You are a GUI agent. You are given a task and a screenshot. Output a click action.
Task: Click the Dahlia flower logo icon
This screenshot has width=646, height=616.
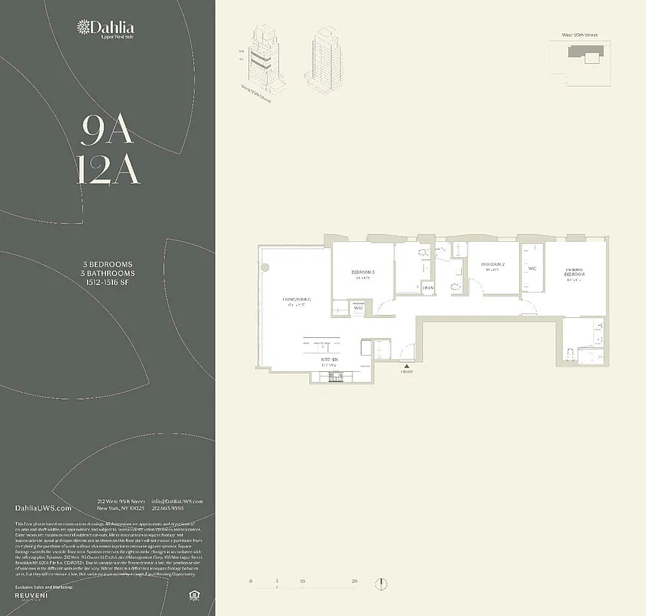click(x=82, y=28)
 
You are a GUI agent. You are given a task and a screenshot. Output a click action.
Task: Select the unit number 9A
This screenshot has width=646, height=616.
click(x=108, y=132)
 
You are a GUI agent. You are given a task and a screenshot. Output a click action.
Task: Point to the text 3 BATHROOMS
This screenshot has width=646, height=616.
click(x=108, y=273)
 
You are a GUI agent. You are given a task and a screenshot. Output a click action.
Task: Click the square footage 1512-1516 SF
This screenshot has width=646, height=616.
click(x=108, y=283)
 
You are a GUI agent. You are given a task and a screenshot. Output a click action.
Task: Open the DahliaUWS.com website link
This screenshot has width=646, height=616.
click(x=43, y=508)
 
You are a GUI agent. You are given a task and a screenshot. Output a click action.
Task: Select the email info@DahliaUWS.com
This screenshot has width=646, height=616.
click(x=178, y=501)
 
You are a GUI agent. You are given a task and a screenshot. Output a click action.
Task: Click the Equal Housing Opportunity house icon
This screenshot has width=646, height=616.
click(x=193, y=595)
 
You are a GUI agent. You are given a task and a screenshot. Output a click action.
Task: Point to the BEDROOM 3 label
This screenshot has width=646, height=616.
click(x=363, y=273)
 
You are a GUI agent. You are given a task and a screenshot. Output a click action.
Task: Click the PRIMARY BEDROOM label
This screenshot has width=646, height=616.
click(x=574, y=273)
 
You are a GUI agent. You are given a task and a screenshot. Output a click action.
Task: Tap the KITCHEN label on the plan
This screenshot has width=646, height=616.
click(x=330, y=360)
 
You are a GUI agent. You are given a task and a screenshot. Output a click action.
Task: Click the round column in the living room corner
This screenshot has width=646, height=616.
click(x=265, y=267)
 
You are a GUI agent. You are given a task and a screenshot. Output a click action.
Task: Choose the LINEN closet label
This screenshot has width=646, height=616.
click(x=428, y=287)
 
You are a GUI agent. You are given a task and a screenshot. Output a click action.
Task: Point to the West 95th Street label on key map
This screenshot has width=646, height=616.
click(x=580, y=35)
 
